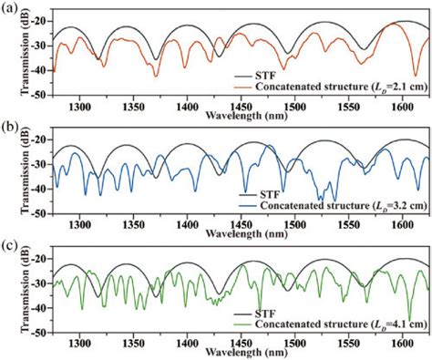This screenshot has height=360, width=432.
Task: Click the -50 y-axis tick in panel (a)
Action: pyautogui.click(x=36, y=95)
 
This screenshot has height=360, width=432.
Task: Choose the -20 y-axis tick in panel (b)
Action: pyautogui.click(x=36, y=139)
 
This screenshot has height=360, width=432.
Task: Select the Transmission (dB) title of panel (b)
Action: pyautogui.click(x=11, y=176)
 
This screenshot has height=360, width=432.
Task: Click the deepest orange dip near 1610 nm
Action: pyautogui.click(x=416, y=75)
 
